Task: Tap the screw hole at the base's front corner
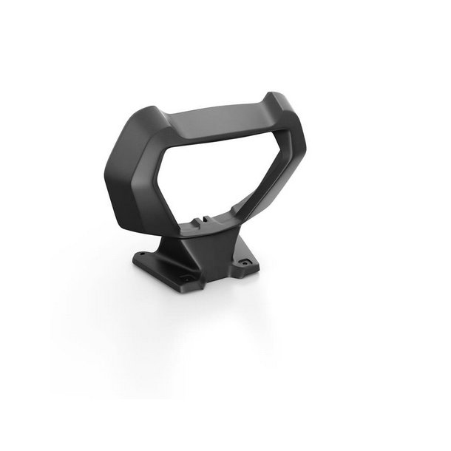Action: (188, 278)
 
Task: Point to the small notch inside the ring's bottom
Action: (203, 219)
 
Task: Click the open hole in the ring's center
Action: (214, 174)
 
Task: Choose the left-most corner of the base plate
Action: (135, 258)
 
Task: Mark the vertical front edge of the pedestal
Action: (194, 259)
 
